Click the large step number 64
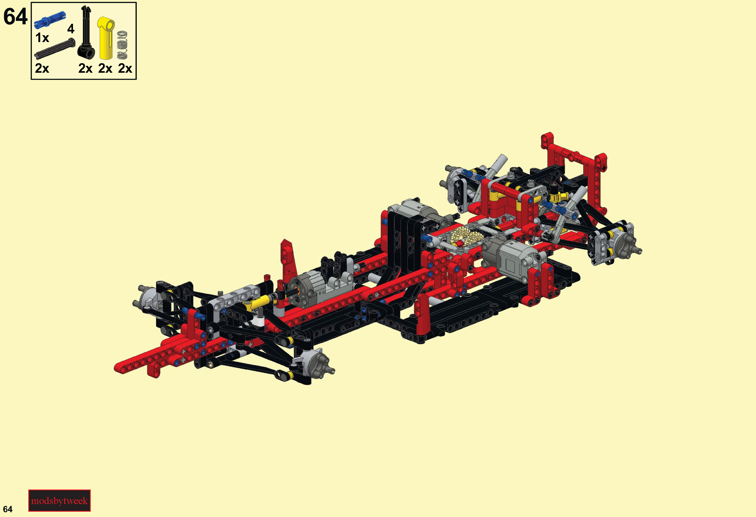pos(15,17)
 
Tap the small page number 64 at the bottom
pos(8,509)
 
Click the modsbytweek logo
pos(59,500)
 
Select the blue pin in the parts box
pos(50,20)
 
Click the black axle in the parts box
pos(55,49)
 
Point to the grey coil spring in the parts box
pos(122,45)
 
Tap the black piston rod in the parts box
pos(86,32)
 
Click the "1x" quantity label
pos(42,38)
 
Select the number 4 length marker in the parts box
pos(71,29)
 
